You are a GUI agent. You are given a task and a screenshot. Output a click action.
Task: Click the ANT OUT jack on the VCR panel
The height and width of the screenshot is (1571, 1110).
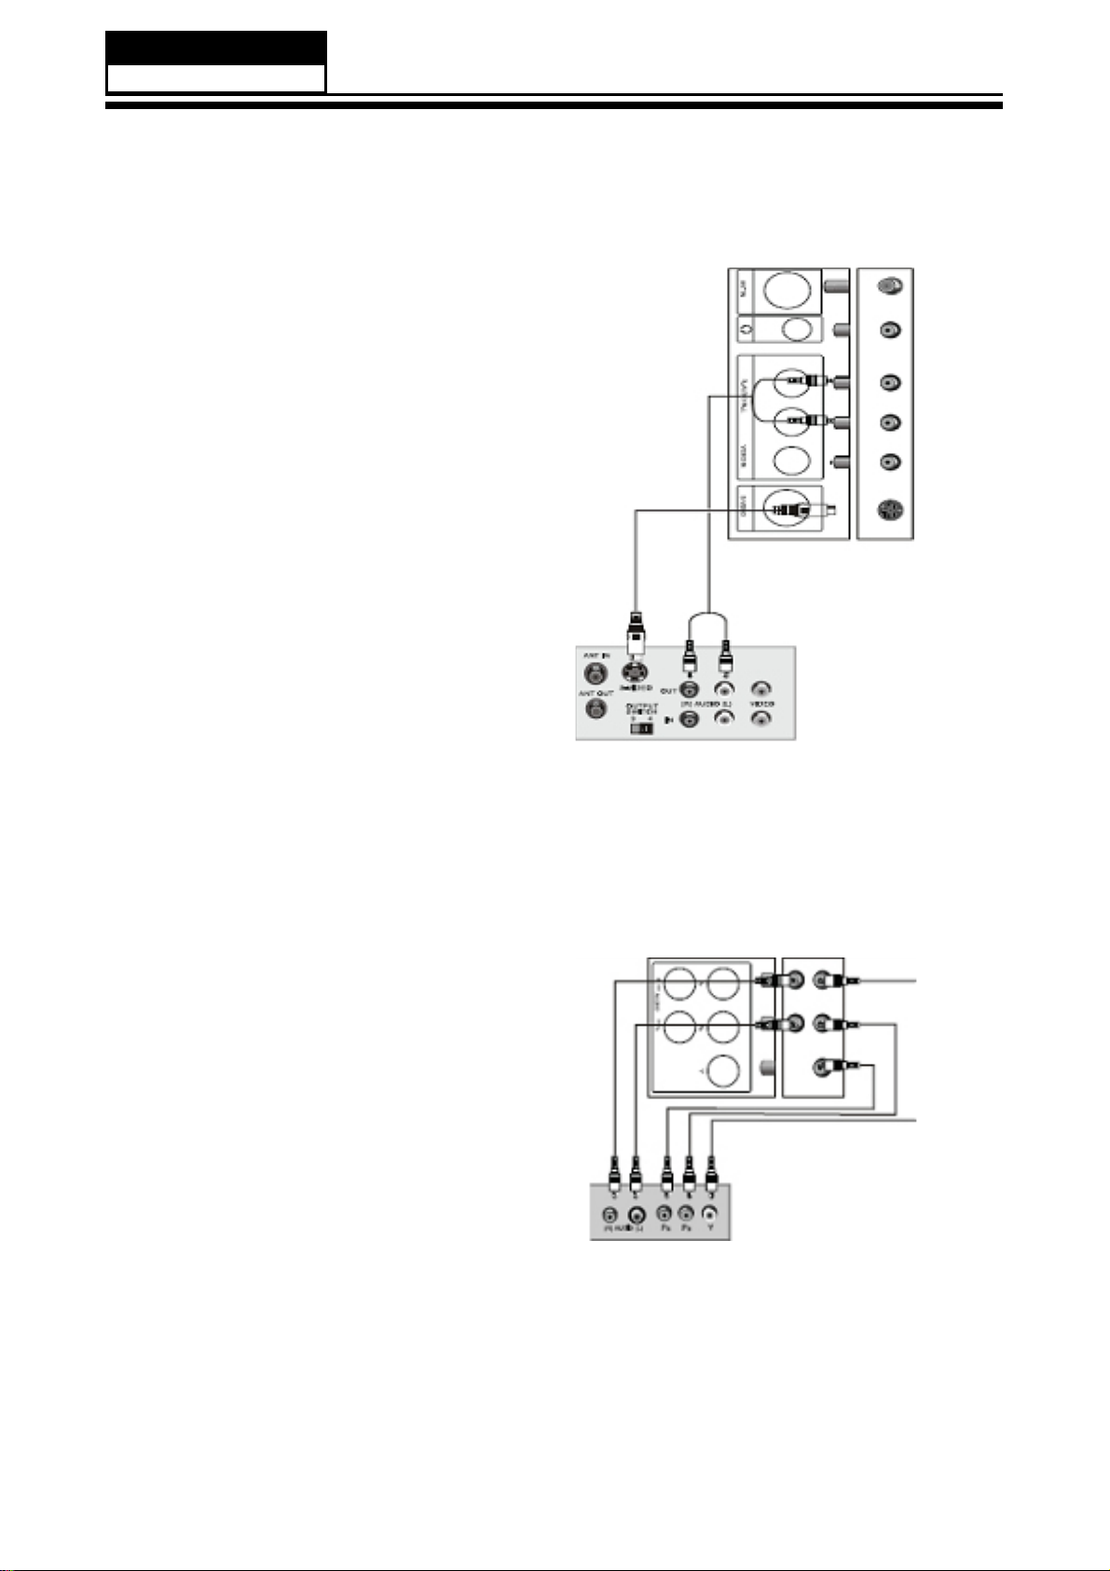point(591,709)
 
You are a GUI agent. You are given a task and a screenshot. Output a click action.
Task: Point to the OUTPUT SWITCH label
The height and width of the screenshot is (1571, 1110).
point(641,710)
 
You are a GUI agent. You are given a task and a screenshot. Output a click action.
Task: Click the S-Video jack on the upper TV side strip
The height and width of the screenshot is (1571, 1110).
point(889,512)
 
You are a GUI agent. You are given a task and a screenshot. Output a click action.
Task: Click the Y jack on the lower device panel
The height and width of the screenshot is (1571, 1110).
point(710,1216)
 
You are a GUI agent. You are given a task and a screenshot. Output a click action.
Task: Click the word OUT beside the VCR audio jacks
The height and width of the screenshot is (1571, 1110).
point(667,690)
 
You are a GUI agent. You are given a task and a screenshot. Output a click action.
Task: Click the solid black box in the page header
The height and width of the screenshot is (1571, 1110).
point(215,48)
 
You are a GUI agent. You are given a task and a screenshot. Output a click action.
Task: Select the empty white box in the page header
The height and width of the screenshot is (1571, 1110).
point(215,78)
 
